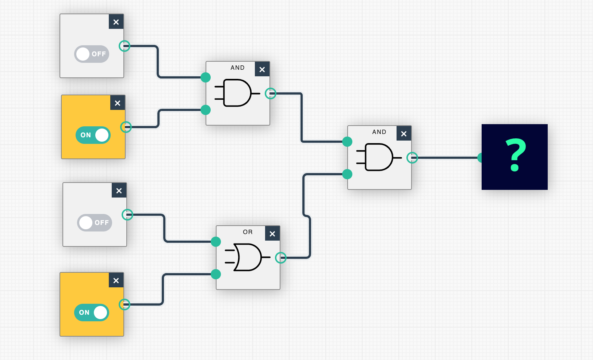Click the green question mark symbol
(515, 156)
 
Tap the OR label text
(248, 232)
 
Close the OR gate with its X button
(272, 234)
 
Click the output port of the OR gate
(280, 258)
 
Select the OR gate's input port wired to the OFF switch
(216, 242)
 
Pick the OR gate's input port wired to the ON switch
(216, 274)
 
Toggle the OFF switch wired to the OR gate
(94, 223)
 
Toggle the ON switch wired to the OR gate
(92, 313)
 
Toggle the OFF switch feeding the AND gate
(92, 54)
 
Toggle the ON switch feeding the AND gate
(93, 135)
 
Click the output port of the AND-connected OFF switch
(125, 46)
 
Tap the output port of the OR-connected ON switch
(125, 304)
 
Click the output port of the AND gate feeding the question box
(412, 158)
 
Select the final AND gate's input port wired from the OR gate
(347, 174)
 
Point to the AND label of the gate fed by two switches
(237, 68)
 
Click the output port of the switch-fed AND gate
(270, 93)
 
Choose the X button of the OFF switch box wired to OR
(119, 191)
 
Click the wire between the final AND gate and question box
(447, 158)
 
